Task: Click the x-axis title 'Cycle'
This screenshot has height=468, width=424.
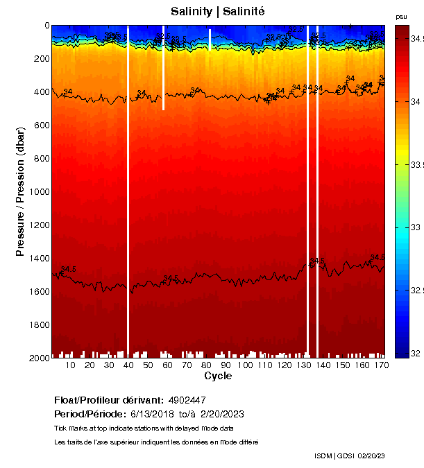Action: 218,376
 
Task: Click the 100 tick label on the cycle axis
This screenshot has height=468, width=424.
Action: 246,365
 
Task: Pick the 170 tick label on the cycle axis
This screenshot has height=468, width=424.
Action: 380,365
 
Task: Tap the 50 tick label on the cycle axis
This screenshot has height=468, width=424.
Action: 148,365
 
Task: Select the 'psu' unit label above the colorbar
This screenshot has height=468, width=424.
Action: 401,17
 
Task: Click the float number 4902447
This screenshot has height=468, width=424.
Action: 187,400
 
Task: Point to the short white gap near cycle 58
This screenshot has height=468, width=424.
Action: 163,69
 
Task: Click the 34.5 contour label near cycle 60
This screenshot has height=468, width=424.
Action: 171,278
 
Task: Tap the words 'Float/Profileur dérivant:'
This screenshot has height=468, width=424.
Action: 109,400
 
